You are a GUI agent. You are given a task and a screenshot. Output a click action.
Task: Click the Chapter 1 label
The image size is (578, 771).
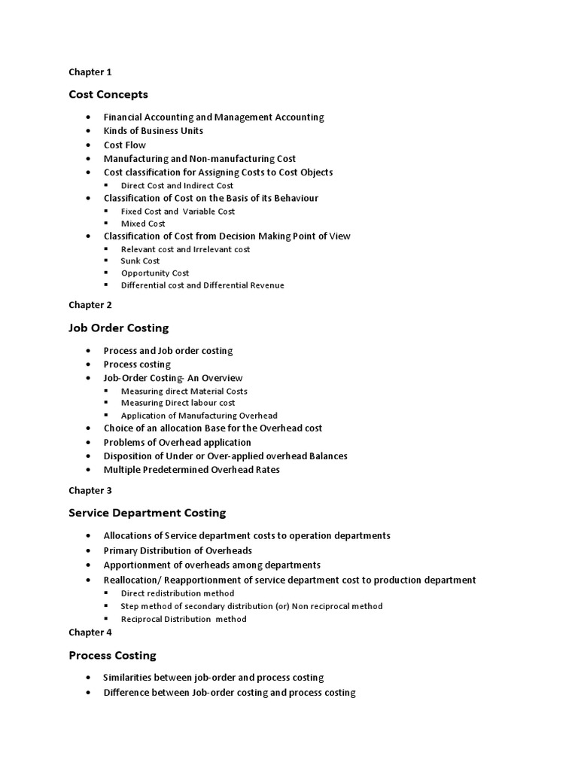pos(90,72)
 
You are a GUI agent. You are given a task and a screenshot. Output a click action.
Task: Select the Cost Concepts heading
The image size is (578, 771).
pos(108,94)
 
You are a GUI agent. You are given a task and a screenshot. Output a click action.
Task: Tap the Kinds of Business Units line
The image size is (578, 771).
pos(153,131)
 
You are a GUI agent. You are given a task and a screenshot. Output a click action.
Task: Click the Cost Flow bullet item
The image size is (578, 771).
pos(124,145)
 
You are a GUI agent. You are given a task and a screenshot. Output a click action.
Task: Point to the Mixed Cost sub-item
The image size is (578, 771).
pos(143,224)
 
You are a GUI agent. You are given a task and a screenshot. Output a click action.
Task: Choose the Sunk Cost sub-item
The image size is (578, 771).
pos(140,261)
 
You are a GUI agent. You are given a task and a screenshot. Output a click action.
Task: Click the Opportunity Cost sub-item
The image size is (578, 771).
pos(155,273)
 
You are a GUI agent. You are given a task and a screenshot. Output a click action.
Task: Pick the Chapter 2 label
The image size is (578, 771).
pos(90,305)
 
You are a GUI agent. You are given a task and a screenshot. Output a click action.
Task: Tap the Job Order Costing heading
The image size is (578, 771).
pos(118,328)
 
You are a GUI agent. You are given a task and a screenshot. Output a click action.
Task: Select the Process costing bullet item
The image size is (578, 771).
pos(137,364)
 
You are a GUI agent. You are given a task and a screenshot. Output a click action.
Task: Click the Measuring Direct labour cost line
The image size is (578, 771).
pos(178,404)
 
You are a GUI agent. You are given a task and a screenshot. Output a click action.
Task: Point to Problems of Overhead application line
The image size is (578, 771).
pos(177,442)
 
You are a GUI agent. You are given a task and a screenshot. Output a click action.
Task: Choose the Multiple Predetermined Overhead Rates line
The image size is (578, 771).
pos(191,470)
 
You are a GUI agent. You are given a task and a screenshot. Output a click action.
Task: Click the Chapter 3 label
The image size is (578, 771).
pos(90,490)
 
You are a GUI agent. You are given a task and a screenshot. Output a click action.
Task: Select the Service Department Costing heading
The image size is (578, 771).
pos(147,513)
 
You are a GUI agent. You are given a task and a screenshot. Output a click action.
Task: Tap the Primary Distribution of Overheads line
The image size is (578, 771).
pos(178,550)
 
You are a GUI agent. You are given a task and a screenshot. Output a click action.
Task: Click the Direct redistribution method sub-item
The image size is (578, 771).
pos(177,594)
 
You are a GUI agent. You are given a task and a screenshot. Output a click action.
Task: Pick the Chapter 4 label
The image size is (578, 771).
pos(90,632)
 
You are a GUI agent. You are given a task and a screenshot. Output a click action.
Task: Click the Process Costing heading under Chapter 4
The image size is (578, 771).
pos(112,655)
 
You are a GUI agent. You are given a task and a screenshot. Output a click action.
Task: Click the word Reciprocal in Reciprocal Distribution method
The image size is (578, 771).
pos(141,620)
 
